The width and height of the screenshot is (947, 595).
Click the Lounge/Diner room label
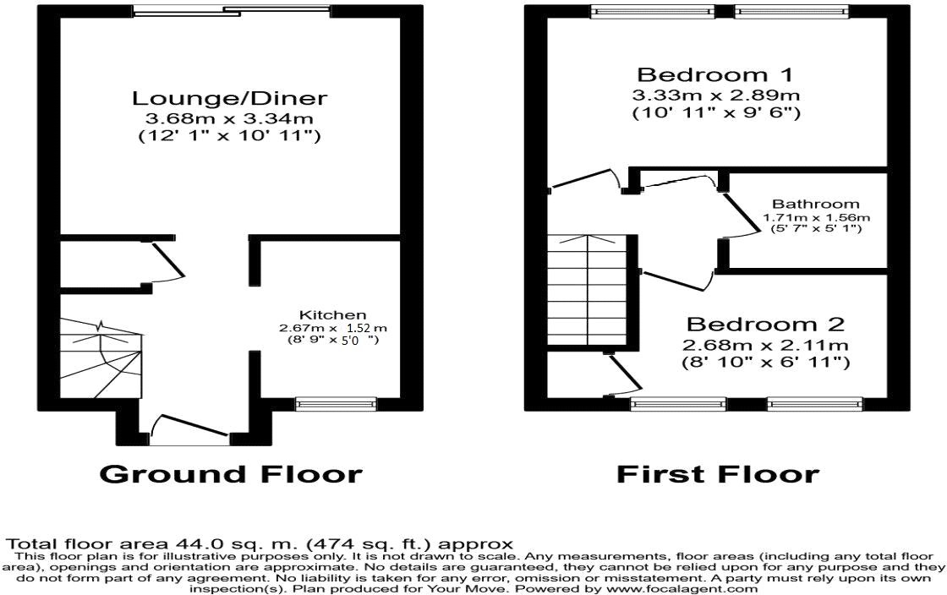pos(228,98)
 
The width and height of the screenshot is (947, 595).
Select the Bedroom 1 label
pos(717,74)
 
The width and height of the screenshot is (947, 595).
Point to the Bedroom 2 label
pos(766,325)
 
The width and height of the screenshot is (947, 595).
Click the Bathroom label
pos(815,204)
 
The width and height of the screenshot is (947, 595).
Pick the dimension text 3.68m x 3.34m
pos(228,118)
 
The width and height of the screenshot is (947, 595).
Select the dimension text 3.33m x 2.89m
pos(717,94)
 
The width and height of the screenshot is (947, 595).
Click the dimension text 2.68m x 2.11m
pos(766,345)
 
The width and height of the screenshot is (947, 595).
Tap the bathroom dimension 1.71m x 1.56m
pos(816,217)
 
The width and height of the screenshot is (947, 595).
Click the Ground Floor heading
pos(231,474)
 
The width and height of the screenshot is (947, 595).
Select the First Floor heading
pos(717,474)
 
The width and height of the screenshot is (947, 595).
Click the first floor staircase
pos(590,292)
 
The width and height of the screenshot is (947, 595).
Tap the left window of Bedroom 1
pos(651,11)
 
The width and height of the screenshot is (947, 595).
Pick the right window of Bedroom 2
pos(815,404)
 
